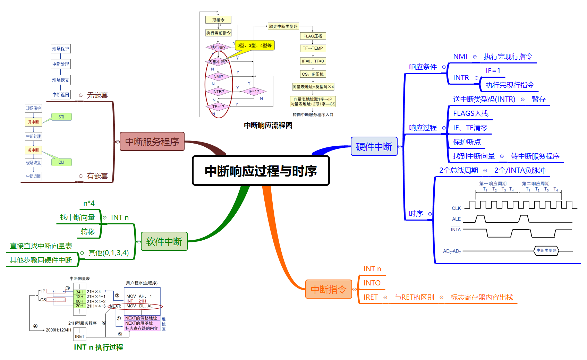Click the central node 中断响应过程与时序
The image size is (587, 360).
(261, 171)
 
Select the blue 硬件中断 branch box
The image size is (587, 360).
(374, 146)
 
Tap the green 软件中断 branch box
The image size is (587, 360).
(164, 241)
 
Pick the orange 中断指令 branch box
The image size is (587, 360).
(329, 289)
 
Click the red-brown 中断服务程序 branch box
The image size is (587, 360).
(152, 142)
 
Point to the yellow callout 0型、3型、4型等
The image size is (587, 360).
(255, 45)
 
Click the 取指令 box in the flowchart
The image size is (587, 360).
(218, 20)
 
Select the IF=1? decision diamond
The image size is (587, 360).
(253, 92)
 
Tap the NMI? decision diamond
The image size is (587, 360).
(218, 77)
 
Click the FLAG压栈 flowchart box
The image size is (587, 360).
(313, 36)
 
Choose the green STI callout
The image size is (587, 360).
(61, 117)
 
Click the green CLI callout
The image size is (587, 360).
(61, 162)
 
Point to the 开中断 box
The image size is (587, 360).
(33, 122)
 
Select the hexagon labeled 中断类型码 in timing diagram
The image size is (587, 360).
(546, 250)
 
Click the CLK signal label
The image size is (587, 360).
(456, 208)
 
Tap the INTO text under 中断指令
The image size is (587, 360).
(372, 283)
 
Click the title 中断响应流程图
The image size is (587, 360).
(268, 125)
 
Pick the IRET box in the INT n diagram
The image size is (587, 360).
(79, 336)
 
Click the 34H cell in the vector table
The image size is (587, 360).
(79, 292)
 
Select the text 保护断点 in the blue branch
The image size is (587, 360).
(467, 142)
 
